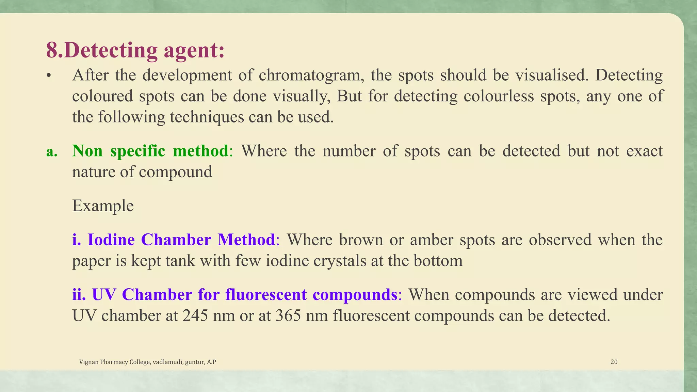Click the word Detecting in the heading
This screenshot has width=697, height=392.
(x=110, y=50)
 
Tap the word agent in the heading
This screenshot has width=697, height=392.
(x=194, y=50)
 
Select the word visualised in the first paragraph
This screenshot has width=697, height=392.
(x=552, y=75)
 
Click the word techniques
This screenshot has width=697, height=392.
(x=207, y=117)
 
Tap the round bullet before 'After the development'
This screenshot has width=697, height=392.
(x=49, y=76)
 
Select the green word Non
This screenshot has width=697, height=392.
(x=87, y=151)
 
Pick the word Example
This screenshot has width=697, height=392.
(x=103, y=206)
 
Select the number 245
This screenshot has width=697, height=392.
(x=195, y=316)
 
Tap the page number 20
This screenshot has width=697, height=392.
(x=614, y=362)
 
